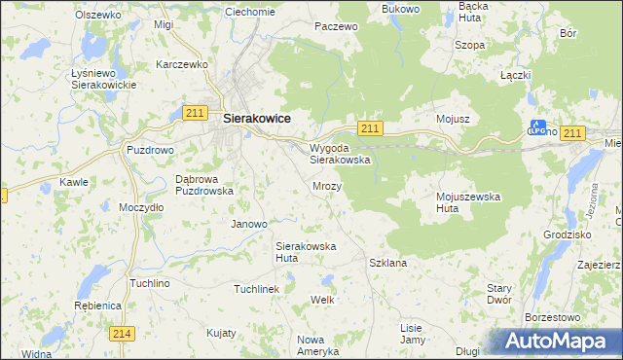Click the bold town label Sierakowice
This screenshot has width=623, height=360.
pyautogui.click(x=258, y=118)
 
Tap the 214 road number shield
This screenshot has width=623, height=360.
pyautogui.click(x=122, y=334)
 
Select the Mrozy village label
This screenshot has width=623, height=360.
pyautogui.click(x=327, y=185)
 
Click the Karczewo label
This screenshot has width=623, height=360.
pyautogui.click(x=183, y=64)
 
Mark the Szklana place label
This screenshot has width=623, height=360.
pyautogui.click(x=387, y=263)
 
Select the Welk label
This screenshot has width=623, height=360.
pyautogui.click(x=322, y=301)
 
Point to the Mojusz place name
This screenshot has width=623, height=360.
pyautogui.click(x=454, y=119)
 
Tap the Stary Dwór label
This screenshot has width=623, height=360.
pyautogui.click(x=499, y=294)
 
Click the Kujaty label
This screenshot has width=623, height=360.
pyautogui.click(x=221, y=332)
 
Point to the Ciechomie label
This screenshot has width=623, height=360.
pyautogui.click(x=249, y=12)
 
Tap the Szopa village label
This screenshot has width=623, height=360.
pyautogui.click(x=470, y=45)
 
